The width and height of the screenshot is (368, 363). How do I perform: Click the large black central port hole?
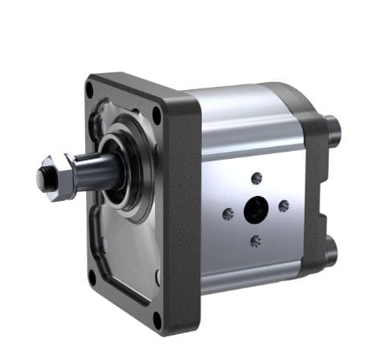coord(256,210)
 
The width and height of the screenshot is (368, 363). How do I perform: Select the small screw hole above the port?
coord(257,178)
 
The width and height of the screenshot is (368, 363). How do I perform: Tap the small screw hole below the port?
coord(255,240)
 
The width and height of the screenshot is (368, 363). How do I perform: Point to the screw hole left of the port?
coord(228,214)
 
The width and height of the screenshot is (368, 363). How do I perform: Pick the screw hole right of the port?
coord(284,206)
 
